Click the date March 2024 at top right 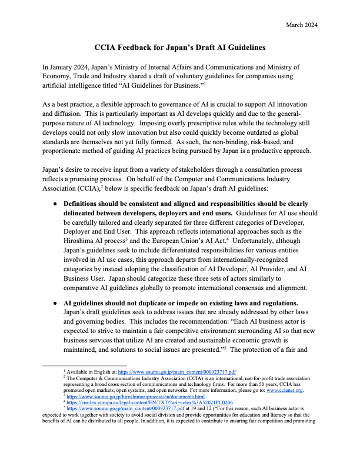(x=301, y=24)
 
